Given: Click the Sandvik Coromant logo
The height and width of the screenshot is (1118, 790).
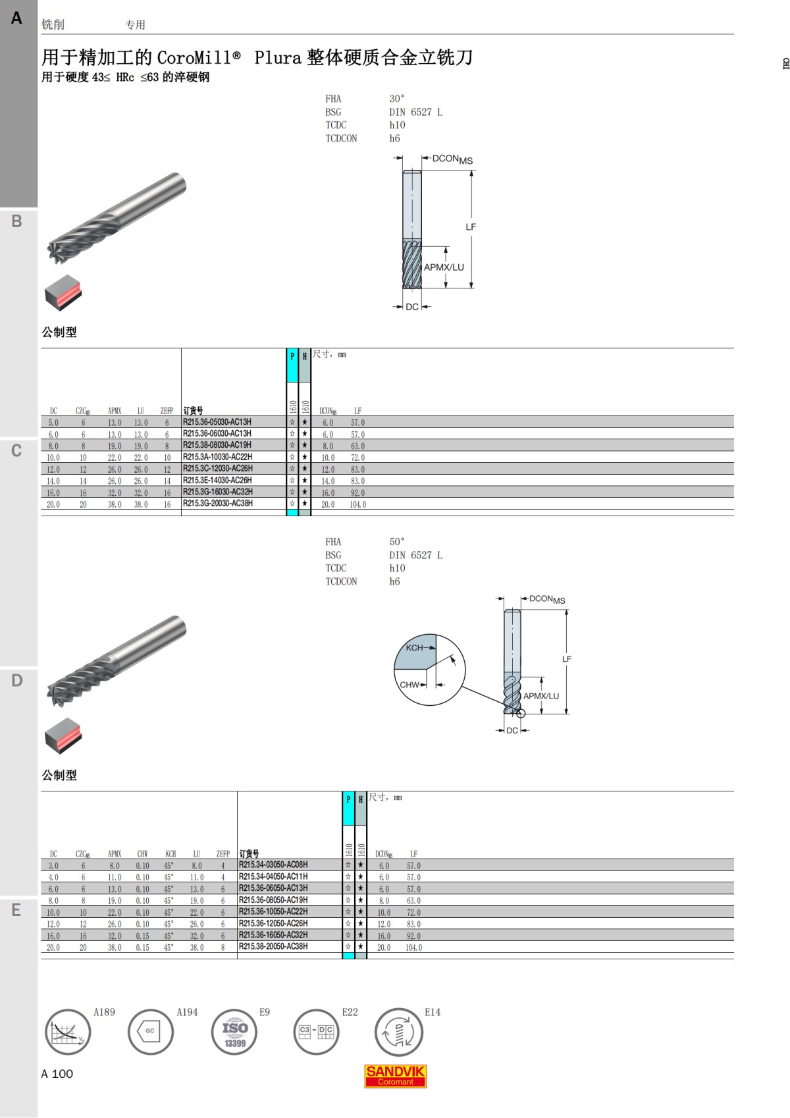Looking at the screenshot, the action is [395, 1076].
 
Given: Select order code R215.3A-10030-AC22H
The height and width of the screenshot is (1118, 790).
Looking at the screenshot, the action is [218, 457].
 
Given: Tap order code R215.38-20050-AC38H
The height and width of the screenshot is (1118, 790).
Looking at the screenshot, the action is [273, 946].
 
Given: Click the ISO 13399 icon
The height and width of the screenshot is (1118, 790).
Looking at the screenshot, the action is [234, 1032].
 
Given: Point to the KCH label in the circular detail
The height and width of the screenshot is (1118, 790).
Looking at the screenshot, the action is [414, 647].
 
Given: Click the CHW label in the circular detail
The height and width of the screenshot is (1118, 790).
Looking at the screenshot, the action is [409, 684].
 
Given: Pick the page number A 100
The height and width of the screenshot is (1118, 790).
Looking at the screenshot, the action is [57, 1074].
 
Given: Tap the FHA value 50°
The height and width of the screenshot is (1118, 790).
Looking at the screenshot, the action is [397, 541].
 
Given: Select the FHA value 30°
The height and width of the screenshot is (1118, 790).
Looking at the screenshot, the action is [397, 98].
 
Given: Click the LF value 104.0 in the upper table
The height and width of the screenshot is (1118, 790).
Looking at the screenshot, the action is [358, 504].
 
